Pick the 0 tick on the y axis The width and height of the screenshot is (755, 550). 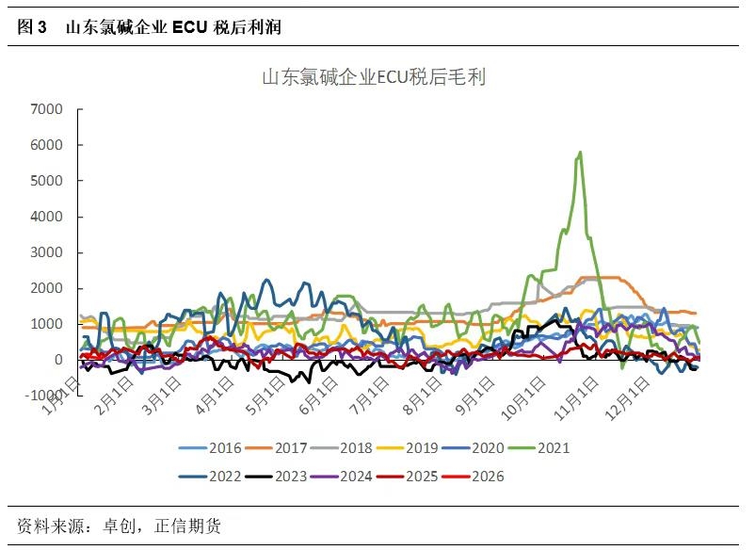[57, 360]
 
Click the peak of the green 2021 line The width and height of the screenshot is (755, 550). [580, 152]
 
